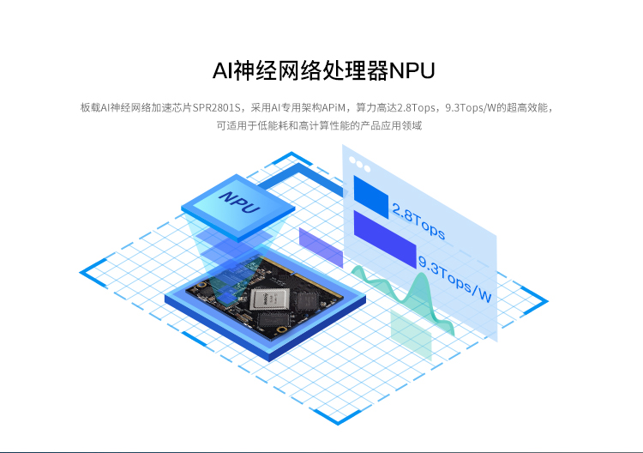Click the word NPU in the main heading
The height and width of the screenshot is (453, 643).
412,70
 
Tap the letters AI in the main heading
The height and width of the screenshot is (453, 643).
223,70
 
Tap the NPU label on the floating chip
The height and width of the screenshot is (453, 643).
240,202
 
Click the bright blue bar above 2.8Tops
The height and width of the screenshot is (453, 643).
370,197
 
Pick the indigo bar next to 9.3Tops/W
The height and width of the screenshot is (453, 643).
385,239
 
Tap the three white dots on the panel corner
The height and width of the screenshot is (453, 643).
359,165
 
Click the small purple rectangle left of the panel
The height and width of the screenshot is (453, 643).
321,248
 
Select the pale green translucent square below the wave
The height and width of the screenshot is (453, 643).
411,335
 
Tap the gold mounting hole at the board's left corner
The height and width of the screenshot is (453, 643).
201,285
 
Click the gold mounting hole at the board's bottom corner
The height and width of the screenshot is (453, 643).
281,329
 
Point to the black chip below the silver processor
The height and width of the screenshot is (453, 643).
273,319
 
